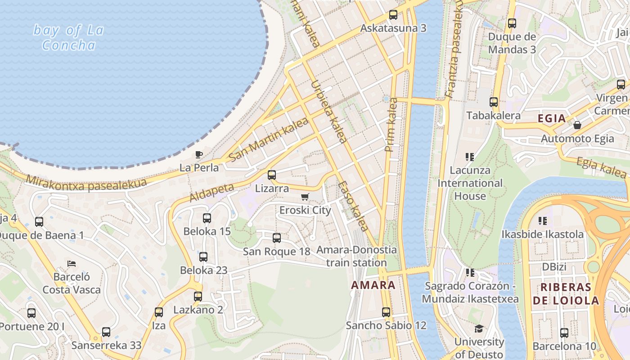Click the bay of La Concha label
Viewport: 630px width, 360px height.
69,38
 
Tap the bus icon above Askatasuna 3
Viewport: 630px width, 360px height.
393,15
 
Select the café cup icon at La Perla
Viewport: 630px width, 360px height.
199,155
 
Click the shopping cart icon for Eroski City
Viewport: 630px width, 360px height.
305,197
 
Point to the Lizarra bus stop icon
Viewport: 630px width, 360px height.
272,175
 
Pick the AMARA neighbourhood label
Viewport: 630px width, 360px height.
373,285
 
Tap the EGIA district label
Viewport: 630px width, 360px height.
552,118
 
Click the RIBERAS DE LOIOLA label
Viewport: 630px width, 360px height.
569,294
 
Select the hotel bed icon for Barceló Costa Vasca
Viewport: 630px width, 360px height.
71,263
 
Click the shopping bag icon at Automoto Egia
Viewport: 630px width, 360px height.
577,125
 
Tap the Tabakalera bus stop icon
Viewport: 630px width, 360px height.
494,102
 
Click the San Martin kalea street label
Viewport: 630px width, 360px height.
269,139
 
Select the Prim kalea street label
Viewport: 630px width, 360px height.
391,125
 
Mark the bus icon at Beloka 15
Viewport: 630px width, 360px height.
207,218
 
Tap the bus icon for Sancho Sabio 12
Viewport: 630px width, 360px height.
386,312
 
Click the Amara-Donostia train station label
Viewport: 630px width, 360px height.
356,256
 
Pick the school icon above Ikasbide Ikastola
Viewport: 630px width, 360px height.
543,220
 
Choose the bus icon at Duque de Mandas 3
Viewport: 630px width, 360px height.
512,23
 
